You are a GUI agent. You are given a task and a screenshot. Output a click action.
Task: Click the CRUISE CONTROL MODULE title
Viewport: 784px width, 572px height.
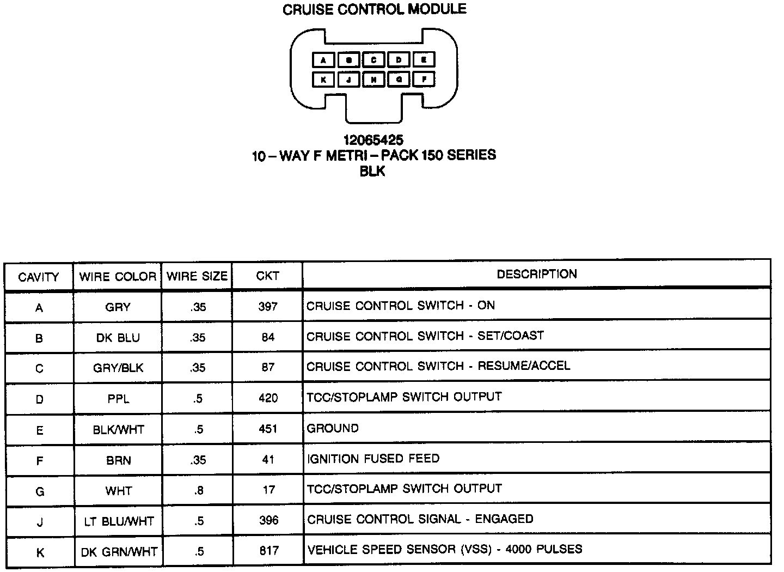coord(374,10)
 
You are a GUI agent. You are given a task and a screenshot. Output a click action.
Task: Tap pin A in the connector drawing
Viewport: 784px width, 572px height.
coord(323,60)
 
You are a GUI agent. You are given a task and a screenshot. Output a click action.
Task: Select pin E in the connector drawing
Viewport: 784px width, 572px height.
coord(424,60)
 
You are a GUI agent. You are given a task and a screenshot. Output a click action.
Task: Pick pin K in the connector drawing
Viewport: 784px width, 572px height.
coord(323,80)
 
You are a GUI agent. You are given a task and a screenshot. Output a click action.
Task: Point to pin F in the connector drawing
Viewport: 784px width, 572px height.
coord(424,80)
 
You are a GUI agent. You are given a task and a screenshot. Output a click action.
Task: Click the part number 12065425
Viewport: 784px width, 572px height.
coord(373,141)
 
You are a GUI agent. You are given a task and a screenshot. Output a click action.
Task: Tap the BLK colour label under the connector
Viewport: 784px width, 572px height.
coord(373,171)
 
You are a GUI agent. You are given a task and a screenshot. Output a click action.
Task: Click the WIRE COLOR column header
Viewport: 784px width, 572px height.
coord(118,277)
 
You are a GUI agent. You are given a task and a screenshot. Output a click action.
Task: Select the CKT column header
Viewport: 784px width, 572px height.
coord(267,276)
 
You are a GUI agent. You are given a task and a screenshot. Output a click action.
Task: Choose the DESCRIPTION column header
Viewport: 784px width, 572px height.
coord(536,274)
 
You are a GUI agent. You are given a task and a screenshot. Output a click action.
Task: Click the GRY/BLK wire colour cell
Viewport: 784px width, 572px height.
coord(118,368)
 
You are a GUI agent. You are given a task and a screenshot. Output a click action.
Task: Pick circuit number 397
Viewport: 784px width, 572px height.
coord(268,307)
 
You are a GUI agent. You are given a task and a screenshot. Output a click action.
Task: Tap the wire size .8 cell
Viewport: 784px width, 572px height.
coord(198,491)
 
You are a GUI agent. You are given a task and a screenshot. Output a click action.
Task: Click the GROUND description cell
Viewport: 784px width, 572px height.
coord(333,428)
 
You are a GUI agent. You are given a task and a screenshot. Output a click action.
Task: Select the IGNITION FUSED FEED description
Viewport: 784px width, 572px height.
coord(373,459)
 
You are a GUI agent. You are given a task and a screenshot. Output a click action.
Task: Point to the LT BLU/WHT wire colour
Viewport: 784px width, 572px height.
coord(119,521)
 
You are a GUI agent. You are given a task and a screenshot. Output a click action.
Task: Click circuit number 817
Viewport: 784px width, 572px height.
coord(268,551)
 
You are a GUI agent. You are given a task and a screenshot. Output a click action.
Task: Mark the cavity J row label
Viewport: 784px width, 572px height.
coord(39,522)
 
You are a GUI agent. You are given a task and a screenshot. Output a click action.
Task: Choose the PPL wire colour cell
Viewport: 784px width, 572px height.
coord(118,399)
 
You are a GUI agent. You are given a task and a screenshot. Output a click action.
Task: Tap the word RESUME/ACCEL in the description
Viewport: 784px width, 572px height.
coord(524,366)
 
